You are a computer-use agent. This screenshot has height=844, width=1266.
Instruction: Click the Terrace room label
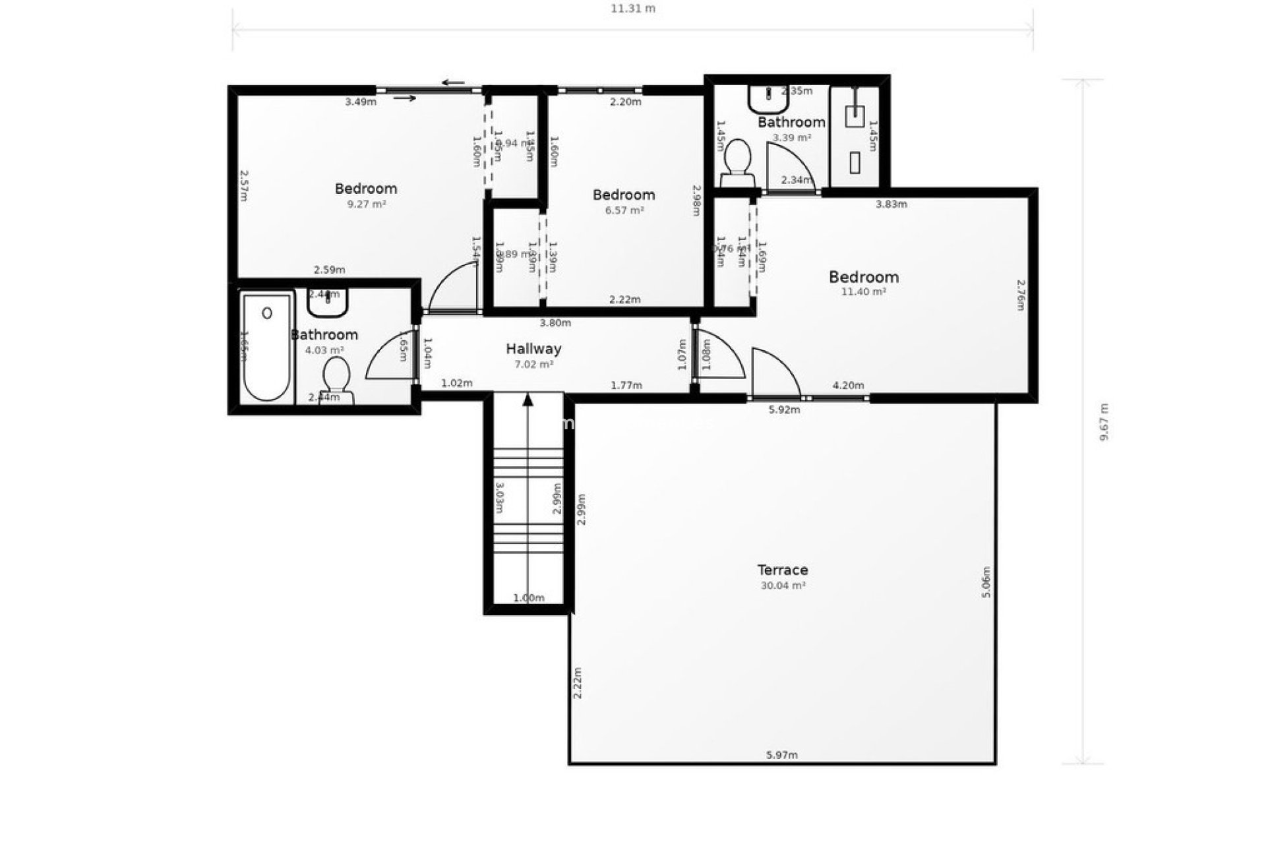click(782, 570)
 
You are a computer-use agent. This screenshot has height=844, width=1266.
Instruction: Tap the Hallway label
click(533, 349)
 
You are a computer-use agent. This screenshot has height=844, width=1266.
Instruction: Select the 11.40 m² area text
click(863, 291)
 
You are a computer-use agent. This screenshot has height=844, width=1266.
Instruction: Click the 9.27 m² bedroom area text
click(366, 204)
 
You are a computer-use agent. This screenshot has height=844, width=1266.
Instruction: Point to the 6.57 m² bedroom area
click(624, 210)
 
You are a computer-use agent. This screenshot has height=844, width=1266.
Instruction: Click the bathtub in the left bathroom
click(266, 347)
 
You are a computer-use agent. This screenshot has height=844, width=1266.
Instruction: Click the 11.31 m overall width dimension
click(632, 9)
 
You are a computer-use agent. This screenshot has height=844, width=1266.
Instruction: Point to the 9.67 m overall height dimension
click(1104, 422)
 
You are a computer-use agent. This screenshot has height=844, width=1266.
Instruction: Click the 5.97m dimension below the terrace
click(782, 755)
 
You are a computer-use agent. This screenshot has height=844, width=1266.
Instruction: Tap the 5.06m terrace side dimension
click(986, 582)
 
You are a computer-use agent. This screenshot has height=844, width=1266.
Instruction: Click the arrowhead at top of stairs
click(527, 399)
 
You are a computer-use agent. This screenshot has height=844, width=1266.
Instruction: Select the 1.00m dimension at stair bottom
click(528, 598)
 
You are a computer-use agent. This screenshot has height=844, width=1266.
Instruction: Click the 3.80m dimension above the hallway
click(555, 323)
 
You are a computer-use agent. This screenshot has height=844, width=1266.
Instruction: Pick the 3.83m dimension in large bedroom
click(891, 204)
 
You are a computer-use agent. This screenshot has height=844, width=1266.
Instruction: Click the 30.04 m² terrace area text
click(782, 586)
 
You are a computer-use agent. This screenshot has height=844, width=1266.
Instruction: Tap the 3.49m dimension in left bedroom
click(361, 102)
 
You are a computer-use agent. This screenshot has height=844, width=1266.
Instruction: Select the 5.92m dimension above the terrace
click(784, 409)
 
